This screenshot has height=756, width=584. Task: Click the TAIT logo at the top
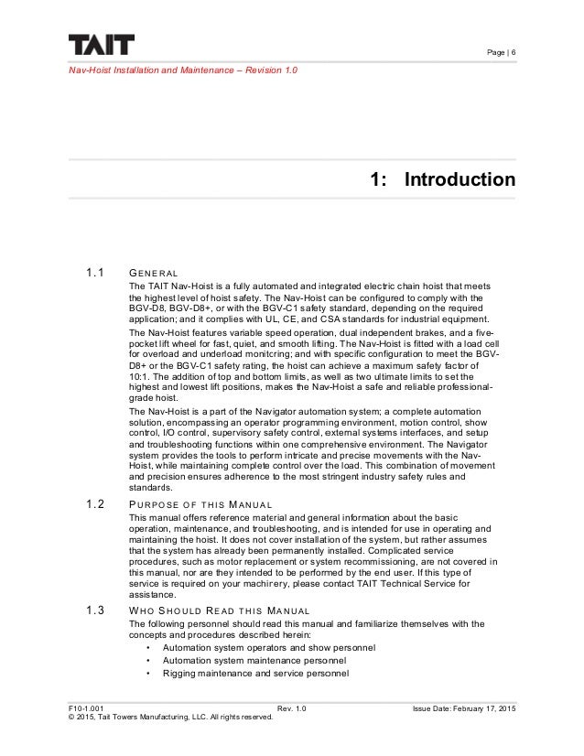100,45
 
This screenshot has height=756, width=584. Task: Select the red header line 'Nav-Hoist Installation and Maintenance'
182,70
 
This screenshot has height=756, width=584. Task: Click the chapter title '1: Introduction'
441,178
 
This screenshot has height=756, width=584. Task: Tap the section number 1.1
96,273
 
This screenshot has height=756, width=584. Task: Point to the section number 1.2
96,502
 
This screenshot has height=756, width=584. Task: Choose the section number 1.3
96,610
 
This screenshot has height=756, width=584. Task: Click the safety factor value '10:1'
143,376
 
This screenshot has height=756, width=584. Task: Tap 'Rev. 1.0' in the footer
291,707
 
